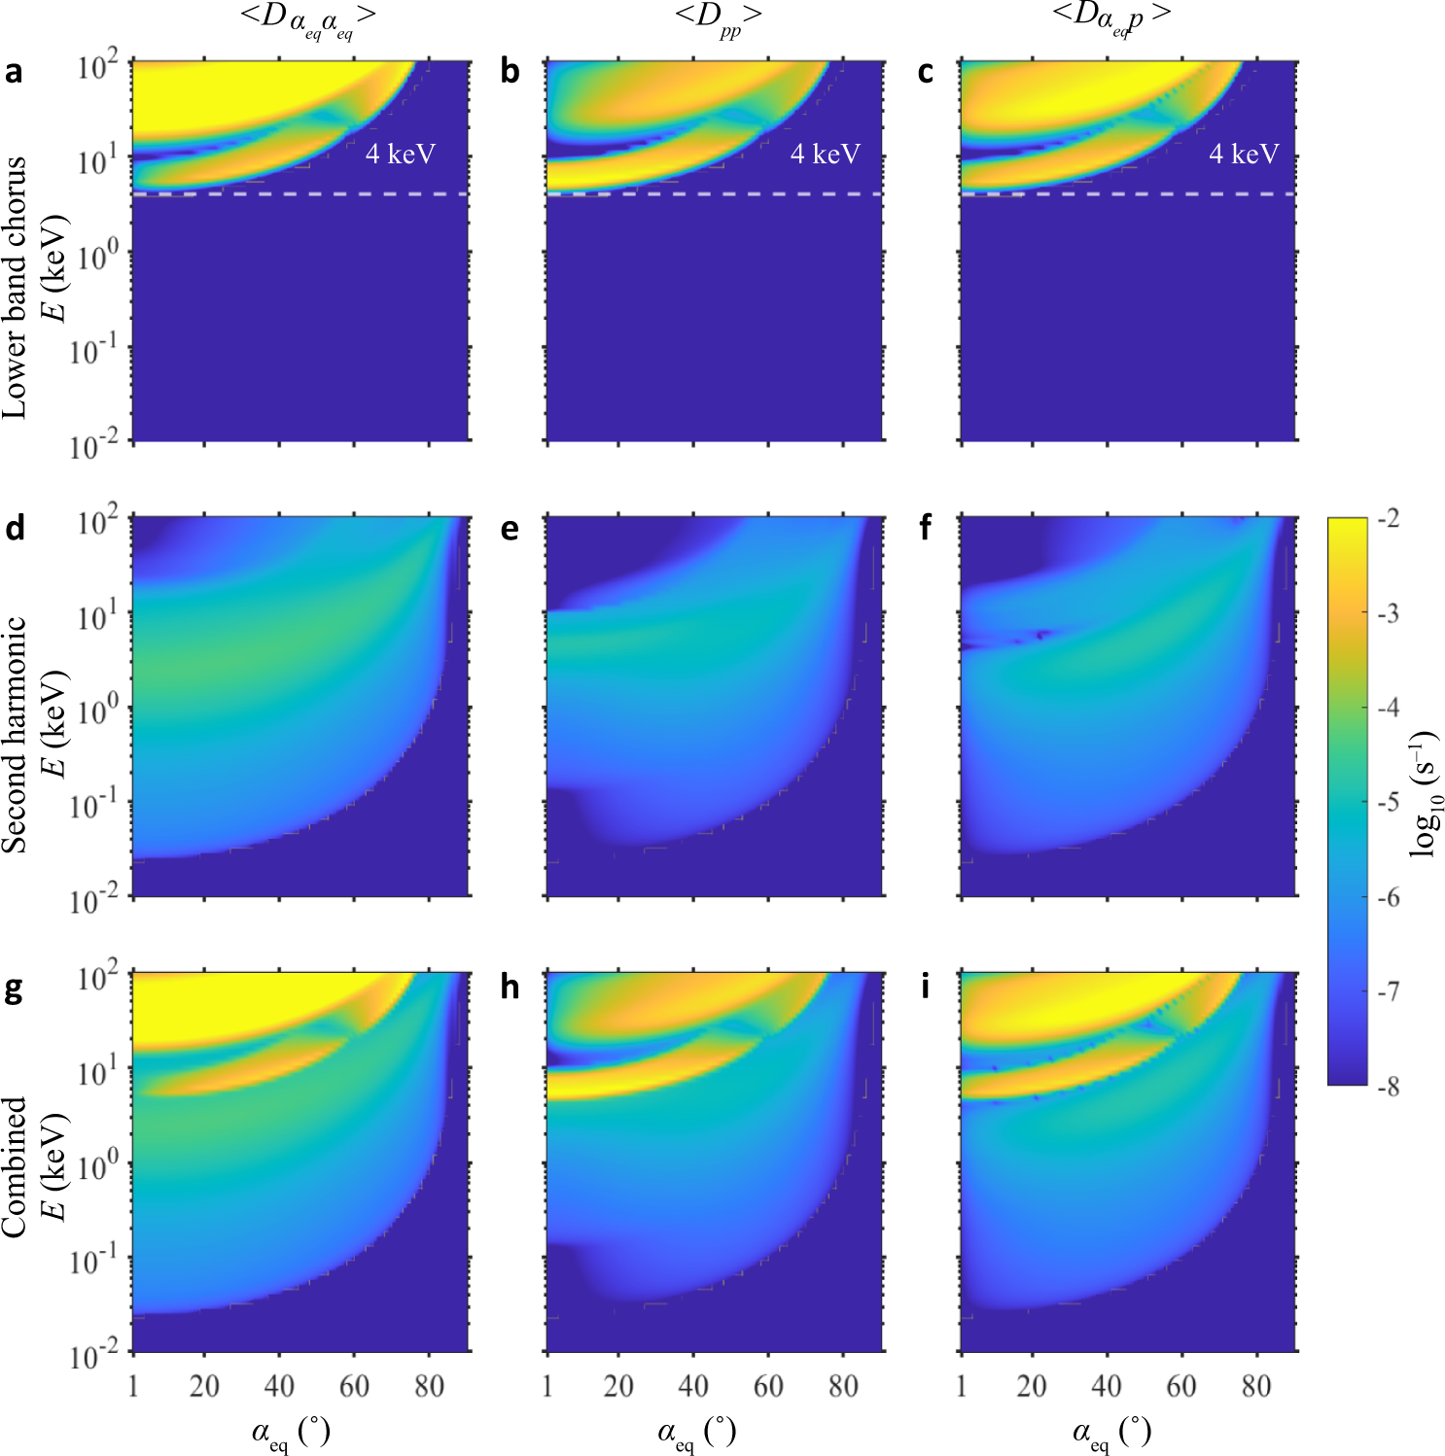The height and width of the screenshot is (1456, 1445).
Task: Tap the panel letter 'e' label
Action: coord(510,529)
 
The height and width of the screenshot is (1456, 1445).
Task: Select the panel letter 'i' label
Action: coord(924,987)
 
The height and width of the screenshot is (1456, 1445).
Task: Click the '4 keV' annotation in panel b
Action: coord(825,154)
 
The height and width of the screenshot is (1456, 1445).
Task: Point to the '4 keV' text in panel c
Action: coord(1244,154)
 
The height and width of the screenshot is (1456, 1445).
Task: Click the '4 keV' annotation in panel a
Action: coord(400,154)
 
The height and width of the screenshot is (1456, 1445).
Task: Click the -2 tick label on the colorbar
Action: coord(1389,518)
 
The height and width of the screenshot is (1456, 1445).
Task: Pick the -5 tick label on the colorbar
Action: coord(1389,802)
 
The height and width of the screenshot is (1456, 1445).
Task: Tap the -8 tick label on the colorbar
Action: coord(1389,1086)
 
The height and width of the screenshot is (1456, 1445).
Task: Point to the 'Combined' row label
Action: coord(15,1166)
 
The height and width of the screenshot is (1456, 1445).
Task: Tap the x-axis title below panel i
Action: coord(1111,1432)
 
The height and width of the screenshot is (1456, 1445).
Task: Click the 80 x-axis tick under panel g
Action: coord(429,1386)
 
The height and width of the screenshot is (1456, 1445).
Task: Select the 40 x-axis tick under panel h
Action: coord(693,1386)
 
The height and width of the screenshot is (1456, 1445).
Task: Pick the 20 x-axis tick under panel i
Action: coord(1032,1386)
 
